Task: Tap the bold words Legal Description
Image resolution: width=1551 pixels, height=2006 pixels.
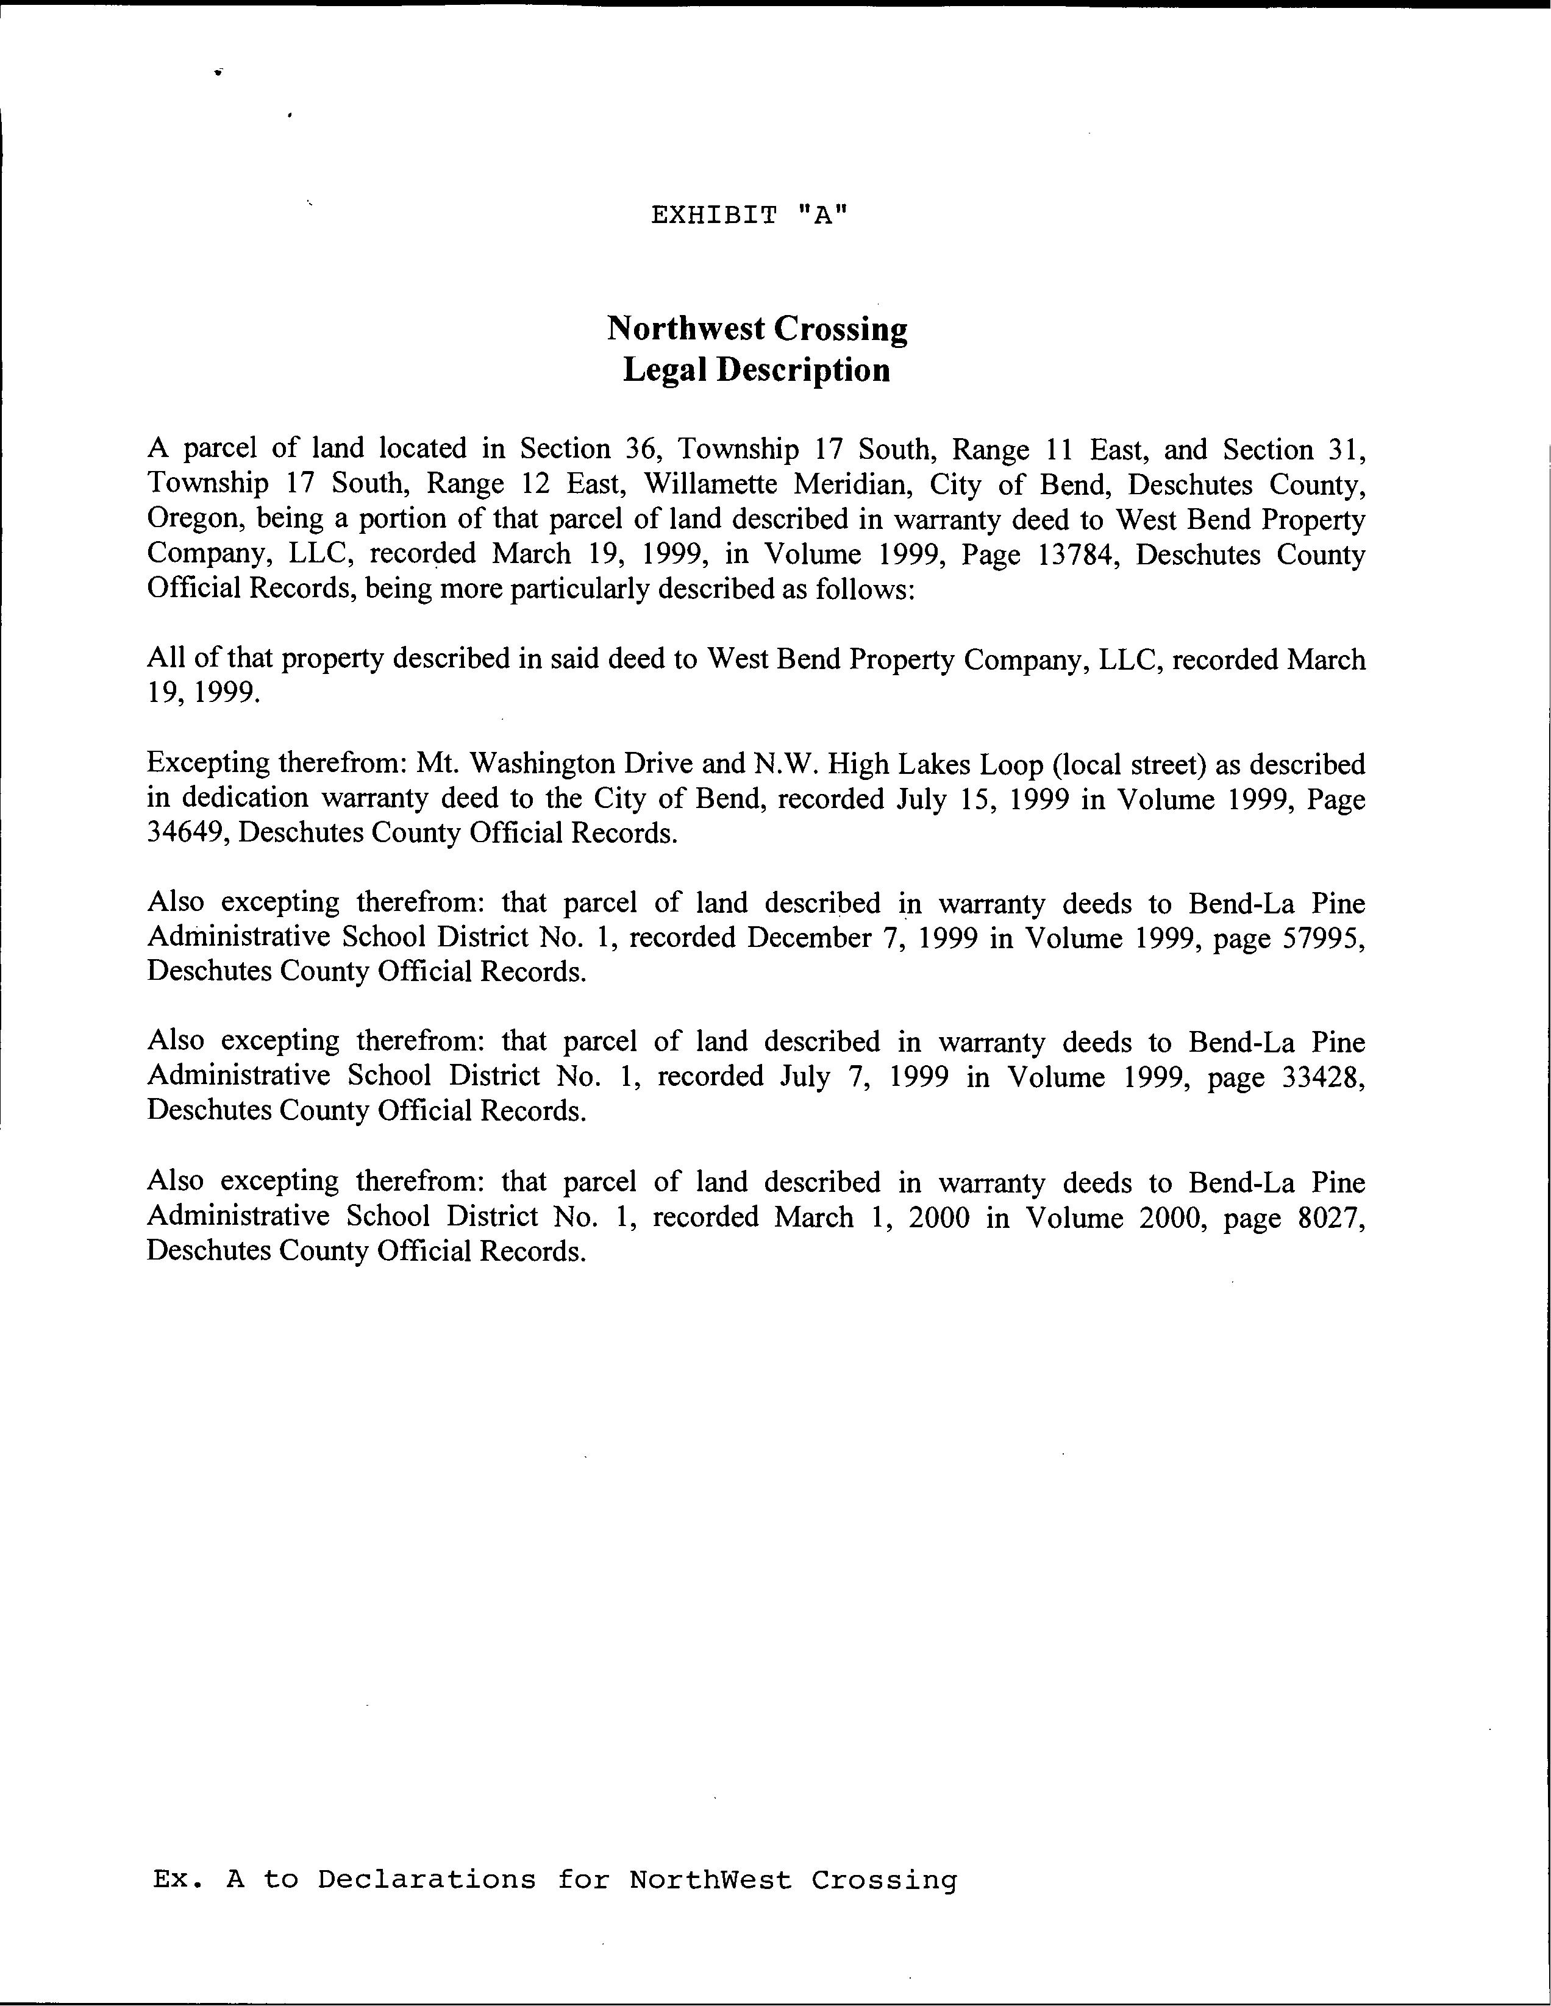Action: click(756, 370)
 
